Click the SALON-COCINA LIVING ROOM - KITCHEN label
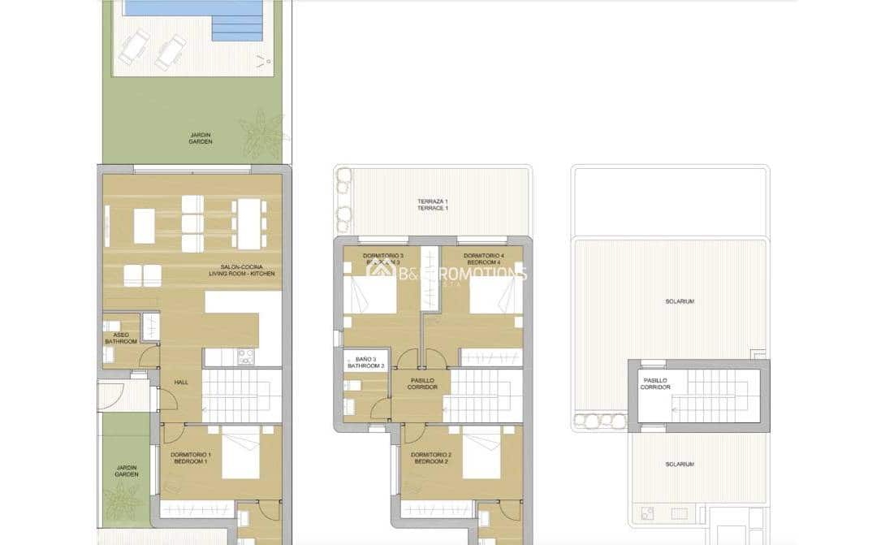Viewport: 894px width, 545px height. [x=247, y=270]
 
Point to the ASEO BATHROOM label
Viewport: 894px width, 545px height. [x=120, y=338]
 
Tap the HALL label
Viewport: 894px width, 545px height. [x=180, y=382]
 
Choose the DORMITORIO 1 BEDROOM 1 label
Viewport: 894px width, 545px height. [x=188, y=458]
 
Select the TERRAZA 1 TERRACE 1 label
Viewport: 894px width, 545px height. [x=433, y=205]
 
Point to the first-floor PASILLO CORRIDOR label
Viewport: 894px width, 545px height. [x=423, y=383]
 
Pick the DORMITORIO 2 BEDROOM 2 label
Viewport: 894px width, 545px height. [x=430, y=458]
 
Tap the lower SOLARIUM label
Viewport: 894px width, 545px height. [x=679, y=464]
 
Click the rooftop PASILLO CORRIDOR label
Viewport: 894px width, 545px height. [x=655, y=383]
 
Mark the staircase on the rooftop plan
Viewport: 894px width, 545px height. [x=715, y=396]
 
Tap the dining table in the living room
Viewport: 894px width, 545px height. [x=248, y=223]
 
